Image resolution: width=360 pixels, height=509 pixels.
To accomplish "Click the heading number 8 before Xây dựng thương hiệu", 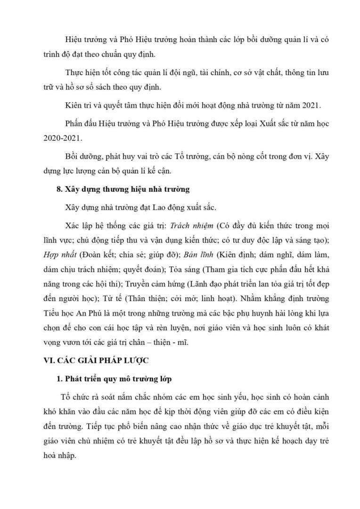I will pyautogui.click(x=59, y=189).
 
